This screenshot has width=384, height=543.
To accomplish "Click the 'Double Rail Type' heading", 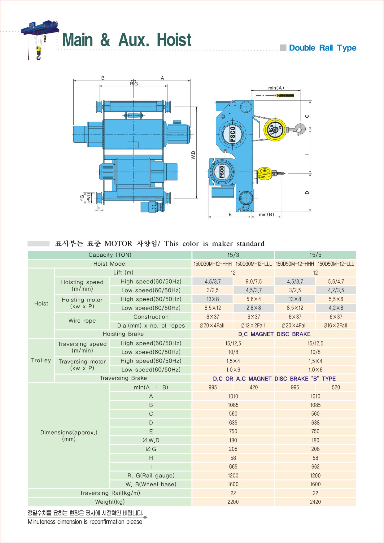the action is (x=322, y=48).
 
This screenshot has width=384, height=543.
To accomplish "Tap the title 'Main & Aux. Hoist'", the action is (x=127, y=40).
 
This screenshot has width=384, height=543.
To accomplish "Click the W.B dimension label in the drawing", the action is (x=193, y=155).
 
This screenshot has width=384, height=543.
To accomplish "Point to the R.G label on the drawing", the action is (x=134, y=84).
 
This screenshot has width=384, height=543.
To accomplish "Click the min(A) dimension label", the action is (x=276, y=88).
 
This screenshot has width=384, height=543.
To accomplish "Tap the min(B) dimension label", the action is (x=266, y=214).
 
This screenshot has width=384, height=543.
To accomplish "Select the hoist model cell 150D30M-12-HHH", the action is (x=213, y=264).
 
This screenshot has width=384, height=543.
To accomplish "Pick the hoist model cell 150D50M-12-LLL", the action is (x=336, y=264).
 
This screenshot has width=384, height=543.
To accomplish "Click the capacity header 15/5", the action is (x=315, y=255).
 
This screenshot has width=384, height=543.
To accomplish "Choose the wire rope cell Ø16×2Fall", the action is (x=335, y=325).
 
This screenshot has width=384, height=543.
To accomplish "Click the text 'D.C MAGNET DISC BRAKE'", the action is (x=274, y=334).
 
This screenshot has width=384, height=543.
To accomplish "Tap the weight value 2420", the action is (x=315, y=502).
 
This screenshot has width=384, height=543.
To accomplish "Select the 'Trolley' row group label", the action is (x=41, y=360).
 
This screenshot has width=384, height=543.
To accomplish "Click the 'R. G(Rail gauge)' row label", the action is (x=151, y=476).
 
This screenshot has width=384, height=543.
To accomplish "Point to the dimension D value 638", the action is (x=315, y=423).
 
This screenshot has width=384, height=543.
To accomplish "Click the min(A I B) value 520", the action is (x=336, y=387).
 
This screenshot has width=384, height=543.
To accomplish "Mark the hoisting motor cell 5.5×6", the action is (x=336, y=299).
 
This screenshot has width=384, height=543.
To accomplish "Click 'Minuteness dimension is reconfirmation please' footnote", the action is (x=85, y=522).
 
